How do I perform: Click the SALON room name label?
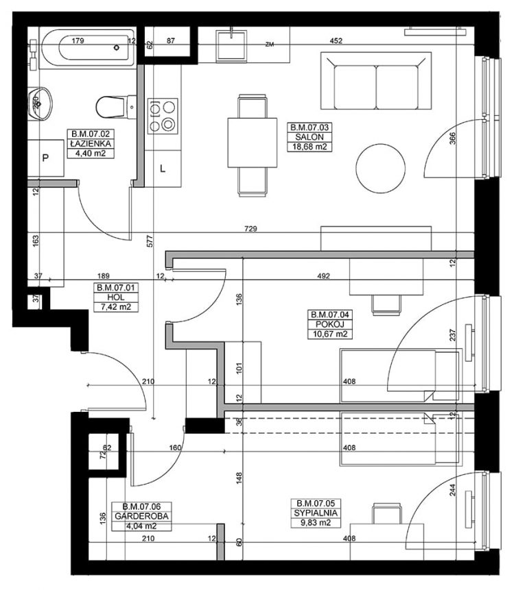(309, 137)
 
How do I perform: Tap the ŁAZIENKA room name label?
(90, 143)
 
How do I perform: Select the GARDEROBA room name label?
(141, 516)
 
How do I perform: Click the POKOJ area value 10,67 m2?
(330, 334)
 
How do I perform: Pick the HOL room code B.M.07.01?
(115, 288)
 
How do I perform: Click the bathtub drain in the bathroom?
(117, 47)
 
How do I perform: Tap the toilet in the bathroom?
(116, 107)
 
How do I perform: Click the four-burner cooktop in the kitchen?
(163, 116)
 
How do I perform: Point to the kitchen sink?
(231, 45)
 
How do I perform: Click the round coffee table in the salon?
(381, 168)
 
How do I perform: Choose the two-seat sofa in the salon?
(376, 81)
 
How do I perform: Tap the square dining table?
(253, 143)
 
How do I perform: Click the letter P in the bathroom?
(45, 158)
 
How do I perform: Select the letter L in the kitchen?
(163, 169)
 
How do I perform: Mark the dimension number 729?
(250, 228)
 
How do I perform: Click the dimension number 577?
(150, 241)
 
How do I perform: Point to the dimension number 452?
(336, 40)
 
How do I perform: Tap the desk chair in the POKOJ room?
(386, 304)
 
